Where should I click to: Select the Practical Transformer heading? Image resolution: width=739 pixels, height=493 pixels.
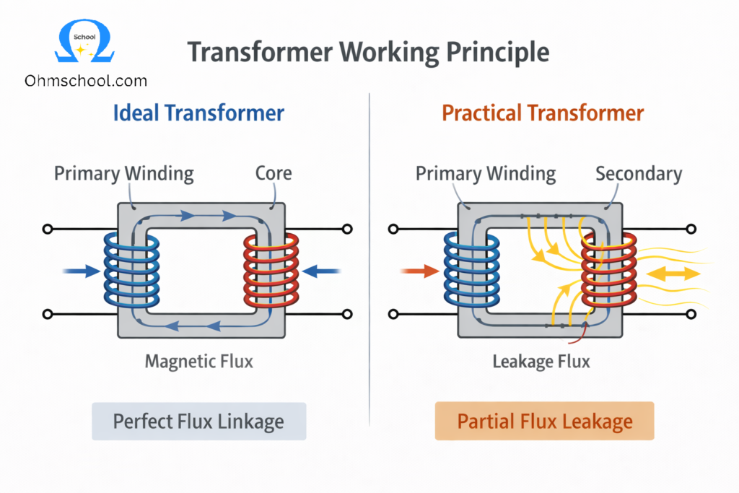point(543,113)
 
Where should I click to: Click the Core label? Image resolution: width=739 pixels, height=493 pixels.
point(274,173)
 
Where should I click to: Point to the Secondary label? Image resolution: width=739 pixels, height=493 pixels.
point(638,173)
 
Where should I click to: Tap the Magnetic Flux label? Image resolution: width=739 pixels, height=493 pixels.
point(199,361)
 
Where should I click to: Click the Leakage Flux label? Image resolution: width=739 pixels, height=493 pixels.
point(541,361)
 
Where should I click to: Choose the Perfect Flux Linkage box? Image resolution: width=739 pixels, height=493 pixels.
point(199,422)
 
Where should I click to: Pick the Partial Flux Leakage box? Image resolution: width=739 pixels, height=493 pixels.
point(544,422)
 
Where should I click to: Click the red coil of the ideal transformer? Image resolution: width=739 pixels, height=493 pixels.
point(271,271)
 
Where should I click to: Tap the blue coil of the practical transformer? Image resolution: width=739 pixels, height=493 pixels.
point(471,271)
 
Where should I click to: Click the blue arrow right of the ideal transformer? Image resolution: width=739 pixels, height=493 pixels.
point(320,271)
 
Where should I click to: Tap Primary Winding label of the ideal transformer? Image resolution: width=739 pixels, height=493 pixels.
point(124,173)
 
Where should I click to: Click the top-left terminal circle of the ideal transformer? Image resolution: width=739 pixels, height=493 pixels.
point(48,230)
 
